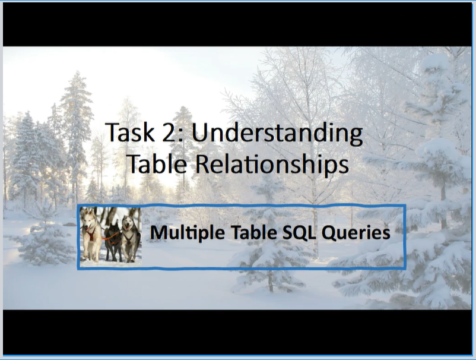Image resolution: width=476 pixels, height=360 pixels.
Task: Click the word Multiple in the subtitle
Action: (180, 232)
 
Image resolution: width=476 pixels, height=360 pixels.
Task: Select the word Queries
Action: (355, 233)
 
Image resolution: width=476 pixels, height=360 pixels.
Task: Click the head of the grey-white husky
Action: (128, 224)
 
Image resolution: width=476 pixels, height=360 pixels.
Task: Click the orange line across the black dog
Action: (110, 236)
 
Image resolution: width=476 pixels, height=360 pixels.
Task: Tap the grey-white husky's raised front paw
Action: (125, 252)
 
